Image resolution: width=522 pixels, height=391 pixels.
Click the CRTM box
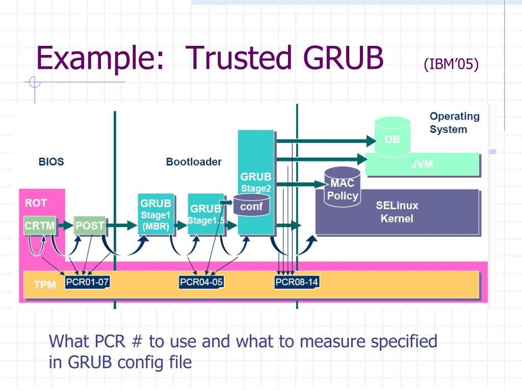click(40, 226)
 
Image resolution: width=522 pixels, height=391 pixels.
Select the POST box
click(90, 226)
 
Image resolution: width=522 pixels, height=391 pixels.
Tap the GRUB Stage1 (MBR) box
click(155, 214)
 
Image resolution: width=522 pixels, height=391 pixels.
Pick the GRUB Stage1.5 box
click(205, 214)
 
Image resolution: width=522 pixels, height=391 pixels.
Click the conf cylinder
click(251, 206)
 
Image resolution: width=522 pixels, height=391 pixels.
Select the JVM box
click(422, 164)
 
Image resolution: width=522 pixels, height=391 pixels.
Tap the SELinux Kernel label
click(397, 212)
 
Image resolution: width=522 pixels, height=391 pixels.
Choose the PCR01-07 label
click(87, 282)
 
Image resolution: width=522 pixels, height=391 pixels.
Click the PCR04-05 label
click(201, 282)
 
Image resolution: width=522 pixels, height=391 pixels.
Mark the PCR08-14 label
click(297, 282)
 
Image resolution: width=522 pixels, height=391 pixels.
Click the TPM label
click(45, 285)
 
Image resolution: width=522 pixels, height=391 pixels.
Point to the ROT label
click(36, 203)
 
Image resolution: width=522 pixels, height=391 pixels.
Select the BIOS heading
click(51, 162)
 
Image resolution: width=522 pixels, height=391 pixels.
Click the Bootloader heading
click(194, 162)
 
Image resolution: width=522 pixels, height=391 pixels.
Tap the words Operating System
click(454, 123)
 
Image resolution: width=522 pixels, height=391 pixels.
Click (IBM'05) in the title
click(451, 65)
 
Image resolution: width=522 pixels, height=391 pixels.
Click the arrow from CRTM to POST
click(65, 226)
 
